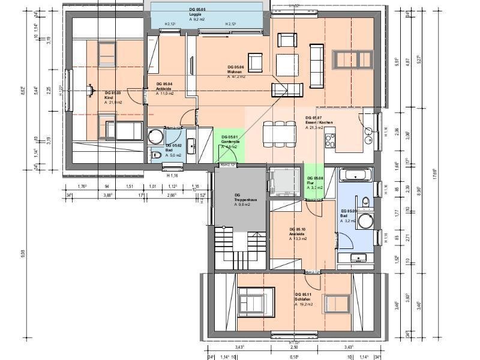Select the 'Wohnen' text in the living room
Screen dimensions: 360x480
coord(235,71)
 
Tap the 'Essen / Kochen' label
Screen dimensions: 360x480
coord(317,122)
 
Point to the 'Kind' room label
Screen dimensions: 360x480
coord(109,98)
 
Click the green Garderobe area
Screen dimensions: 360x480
coord(228,144)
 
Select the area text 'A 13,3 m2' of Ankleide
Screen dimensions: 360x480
coord(298,239)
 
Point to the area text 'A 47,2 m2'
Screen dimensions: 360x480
coord(236,77)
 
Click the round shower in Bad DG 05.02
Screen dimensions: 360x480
coord(156,135)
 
